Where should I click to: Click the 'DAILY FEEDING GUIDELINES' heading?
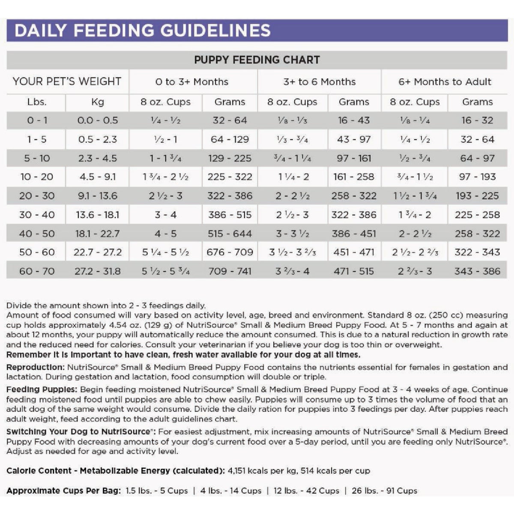coord(142,30)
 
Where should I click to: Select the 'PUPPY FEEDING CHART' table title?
coord(257,60)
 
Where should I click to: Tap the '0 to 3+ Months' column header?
coord(192,81)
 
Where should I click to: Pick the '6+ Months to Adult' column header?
coord(445,81)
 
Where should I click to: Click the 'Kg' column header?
coord(98,102)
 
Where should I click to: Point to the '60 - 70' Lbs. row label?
coord(37,271)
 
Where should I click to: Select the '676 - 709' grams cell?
coord(230,252)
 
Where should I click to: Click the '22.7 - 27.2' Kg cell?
coord(98,252)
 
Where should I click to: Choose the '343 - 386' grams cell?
coord(477,271)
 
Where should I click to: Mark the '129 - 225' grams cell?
coord(230,158)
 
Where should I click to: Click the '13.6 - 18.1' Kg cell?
coord(98,215)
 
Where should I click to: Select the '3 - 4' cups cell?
coord(165,215)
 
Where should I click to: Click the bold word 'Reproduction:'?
coord(36,367)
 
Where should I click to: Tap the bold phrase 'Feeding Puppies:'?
coord(42,389)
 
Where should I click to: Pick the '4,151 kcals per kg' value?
coord(263,471)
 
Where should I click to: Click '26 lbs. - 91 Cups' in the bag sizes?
coord(384,491)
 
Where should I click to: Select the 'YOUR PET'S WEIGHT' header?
coord(67,81)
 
